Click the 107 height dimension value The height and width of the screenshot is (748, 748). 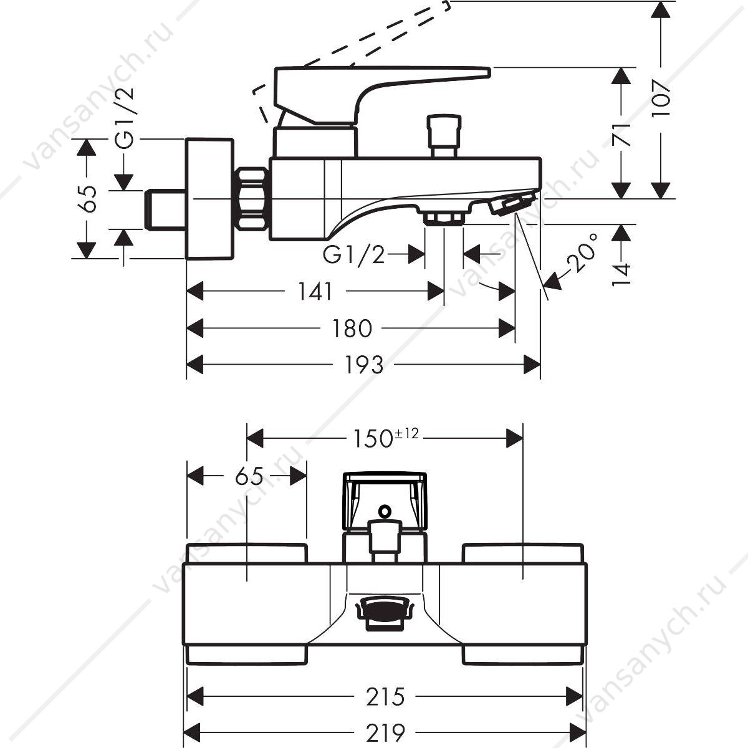[x=661, y=98]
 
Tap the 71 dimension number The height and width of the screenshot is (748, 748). [x=621, y=135]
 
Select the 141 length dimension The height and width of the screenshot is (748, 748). [x=315, y=291]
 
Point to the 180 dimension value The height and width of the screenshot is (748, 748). [x=352, y=328]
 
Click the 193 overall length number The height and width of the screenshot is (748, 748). [x=364, y=365]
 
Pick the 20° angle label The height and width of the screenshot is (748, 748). [x=582, y=252]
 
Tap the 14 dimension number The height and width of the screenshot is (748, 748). [x=621, y=274]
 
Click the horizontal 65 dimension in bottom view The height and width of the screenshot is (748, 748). [x=249, y=476]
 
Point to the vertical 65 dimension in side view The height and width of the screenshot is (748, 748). [x=89, y=198]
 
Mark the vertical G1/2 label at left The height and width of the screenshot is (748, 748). [x=125, y=118]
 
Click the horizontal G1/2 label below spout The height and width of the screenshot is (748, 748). [x=353, y=255]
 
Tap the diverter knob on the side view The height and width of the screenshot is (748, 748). [x=444, y=135]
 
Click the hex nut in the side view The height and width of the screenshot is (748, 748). [x=252, y=198]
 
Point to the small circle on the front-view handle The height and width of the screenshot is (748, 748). [x=385, y=511]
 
